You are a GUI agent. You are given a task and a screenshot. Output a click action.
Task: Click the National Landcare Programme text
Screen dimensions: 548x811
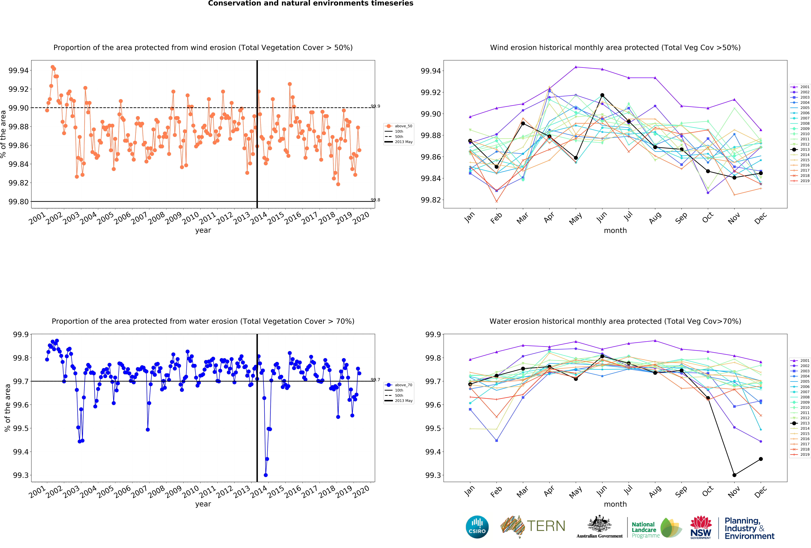(645, 530)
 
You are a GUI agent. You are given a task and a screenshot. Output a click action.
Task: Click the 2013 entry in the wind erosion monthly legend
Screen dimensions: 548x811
(802, 149)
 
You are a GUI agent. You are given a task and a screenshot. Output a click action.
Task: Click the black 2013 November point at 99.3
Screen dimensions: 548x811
(734, 475)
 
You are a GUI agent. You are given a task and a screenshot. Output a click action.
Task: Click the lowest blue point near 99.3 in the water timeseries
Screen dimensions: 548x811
(266, 475)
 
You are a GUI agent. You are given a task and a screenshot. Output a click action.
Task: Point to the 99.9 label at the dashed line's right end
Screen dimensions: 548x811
(376, 106)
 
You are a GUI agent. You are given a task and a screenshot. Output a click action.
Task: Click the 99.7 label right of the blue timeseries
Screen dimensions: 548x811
(376, 380)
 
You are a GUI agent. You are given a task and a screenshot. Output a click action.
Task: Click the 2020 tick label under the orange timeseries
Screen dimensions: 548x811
(361, 218)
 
